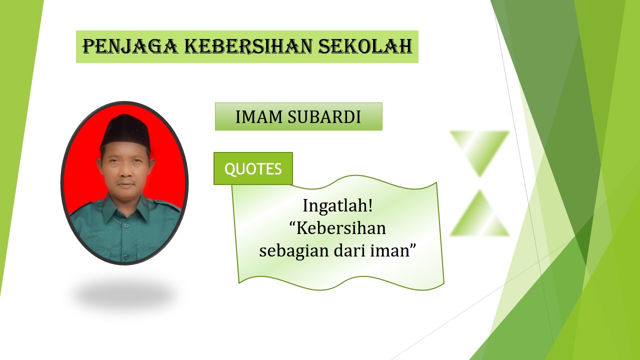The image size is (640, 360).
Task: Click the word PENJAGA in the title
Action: click(130, 46)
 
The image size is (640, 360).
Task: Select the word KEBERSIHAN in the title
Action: click(248, 46)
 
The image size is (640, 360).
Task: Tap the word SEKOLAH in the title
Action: click(365, 46)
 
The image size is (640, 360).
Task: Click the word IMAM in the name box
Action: click(259, 117)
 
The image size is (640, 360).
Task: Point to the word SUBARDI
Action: click(324, 117)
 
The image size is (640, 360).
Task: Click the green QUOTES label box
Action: click(253, 168)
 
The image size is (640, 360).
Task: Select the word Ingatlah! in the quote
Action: click(337, 205)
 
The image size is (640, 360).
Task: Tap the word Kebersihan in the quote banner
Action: click(341, 228)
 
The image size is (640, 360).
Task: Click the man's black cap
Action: click(125, 131)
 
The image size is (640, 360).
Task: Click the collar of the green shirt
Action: click(125, 207)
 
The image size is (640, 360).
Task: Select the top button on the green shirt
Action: click(126, 225)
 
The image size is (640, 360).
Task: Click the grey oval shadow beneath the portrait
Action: click(125, 294)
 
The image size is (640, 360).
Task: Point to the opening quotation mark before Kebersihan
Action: click(292, 223)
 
